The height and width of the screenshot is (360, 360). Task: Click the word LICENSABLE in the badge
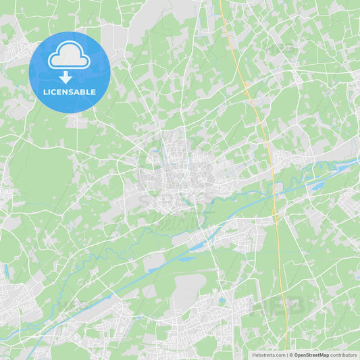tap(70, 92)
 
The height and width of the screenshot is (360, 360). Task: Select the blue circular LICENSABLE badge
tap(70, 72)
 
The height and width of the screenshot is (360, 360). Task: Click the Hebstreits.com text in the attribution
tap(268, 355)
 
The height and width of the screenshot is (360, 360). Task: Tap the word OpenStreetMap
tap(311, 355)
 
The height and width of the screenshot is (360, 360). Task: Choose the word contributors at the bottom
tap(344, 355)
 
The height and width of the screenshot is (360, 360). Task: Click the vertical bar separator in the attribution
tap(288, 355)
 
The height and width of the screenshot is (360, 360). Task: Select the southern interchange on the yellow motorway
tap(276, 217)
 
